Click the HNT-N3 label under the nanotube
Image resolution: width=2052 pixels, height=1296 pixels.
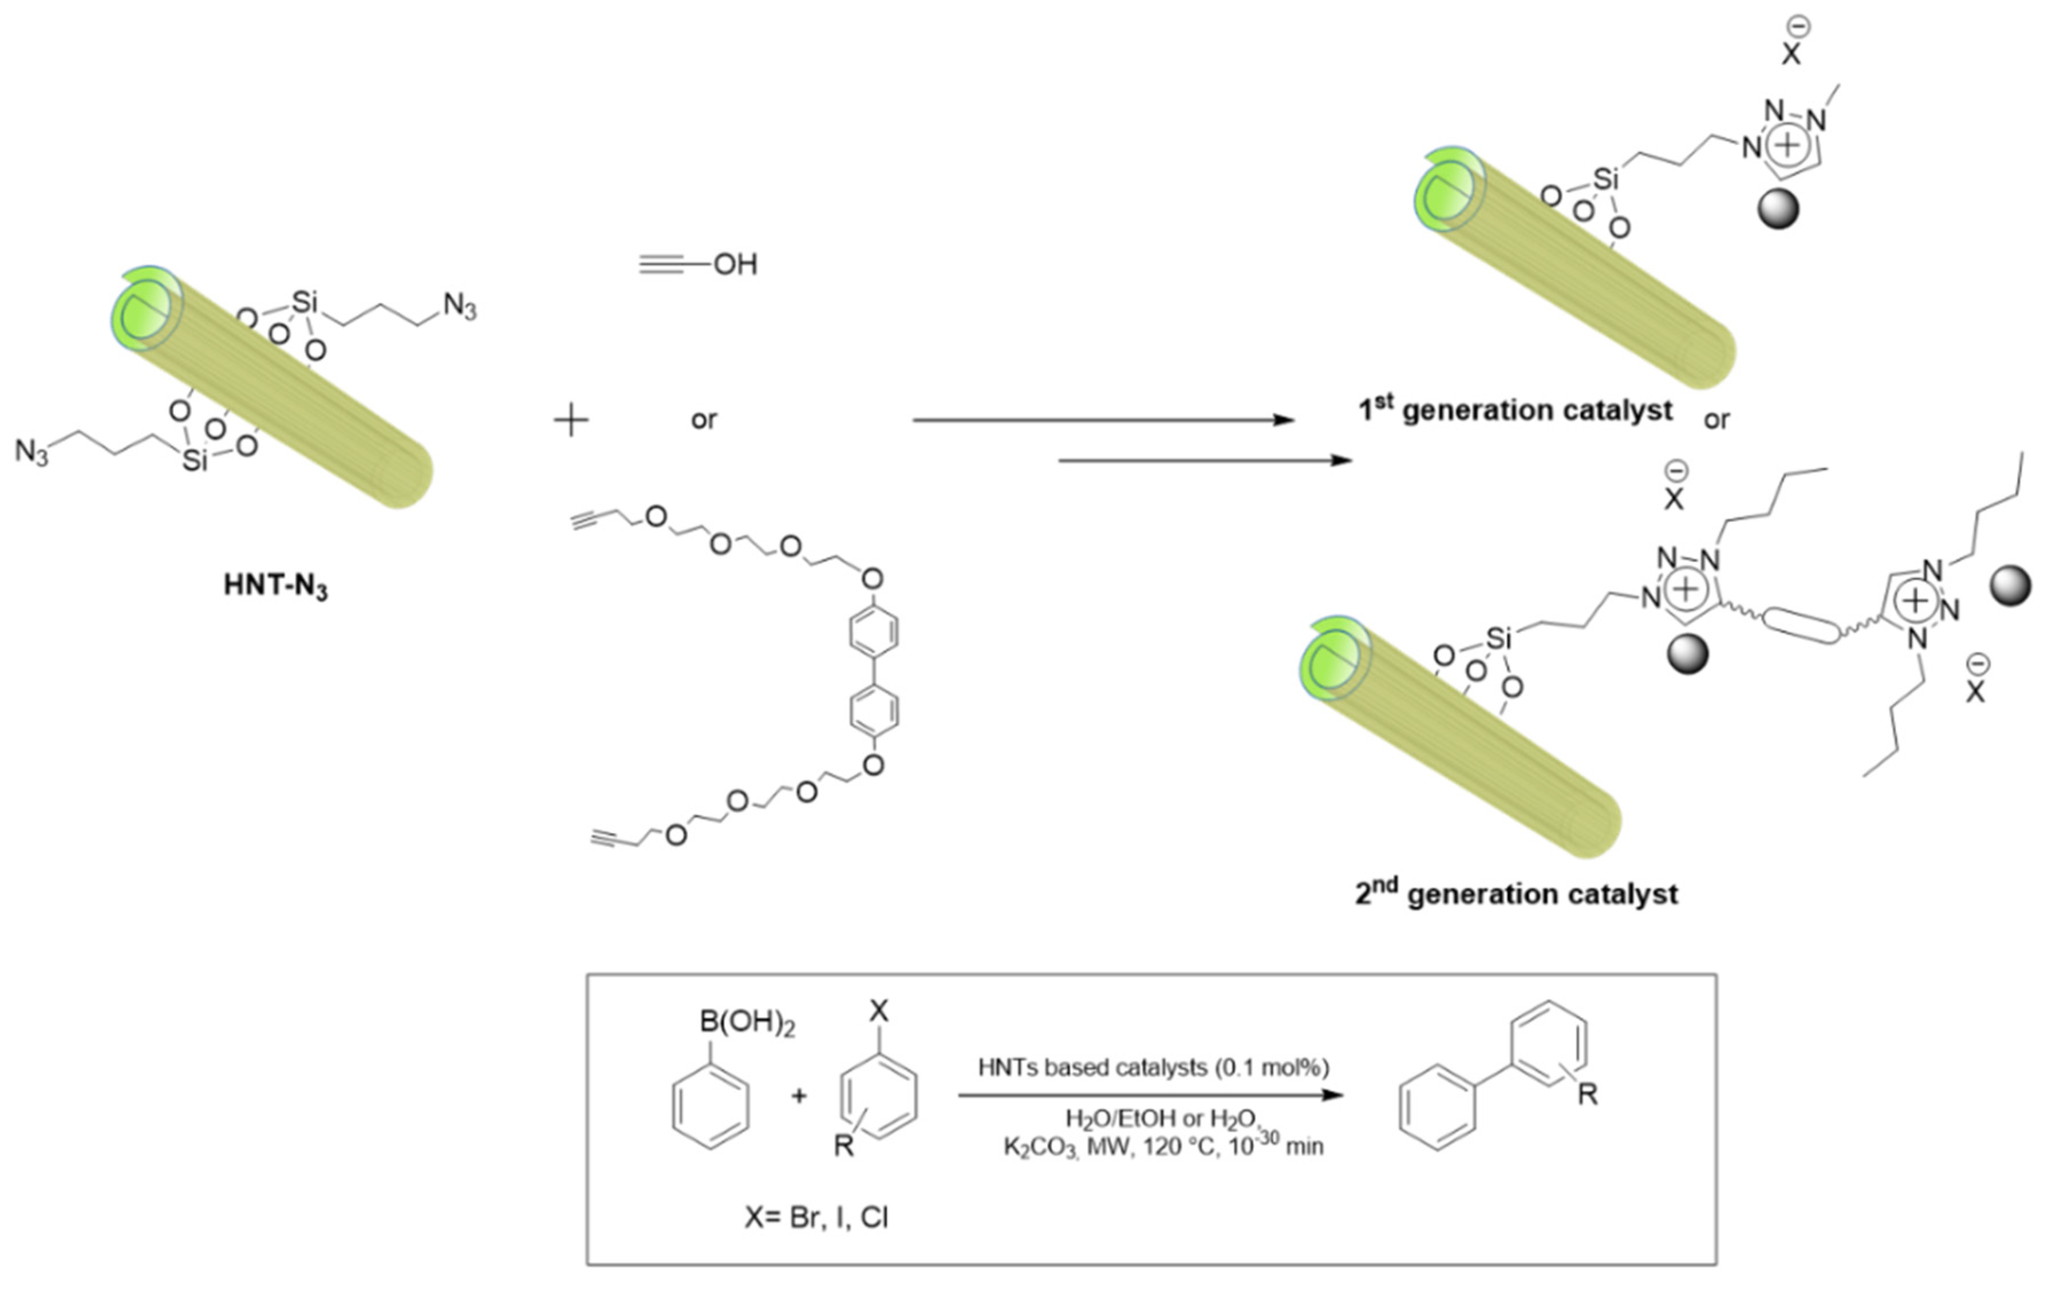point(275,586)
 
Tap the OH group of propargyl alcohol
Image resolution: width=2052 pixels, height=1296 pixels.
point(735,265)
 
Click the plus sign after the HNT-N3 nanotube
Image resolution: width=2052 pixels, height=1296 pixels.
point(571,421)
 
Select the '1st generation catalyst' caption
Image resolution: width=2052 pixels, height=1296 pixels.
point(1514,410)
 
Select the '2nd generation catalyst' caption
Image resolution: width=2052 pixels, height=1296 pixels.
point(1516,894)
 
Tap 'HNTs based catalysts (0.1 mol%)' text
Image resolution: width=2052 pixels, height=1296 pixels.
point(1153,1067)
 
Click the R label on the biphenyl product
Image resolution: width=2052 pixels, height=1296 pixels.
point(1587,1094)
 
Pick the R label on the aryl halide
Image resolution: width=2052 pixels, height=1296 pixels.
point(843,1146)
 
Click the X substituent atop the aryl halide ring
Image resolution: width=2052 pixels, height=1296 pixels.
point(879,1011)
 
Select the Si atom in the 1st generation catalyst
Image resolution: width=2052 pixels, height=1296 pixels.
point(1605,179)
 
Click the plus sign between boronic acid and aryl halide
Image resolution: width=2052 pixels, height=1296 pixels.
point(799,1096)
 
